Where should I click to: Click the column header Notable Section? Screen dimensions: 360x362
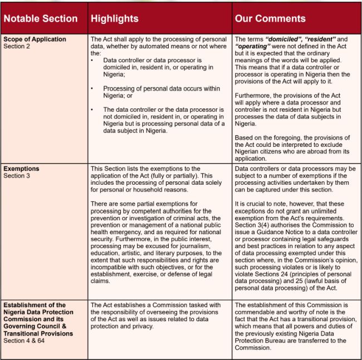(x=41, y=18)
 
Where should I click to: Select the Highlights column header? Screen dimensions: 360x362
(x=115, y=18)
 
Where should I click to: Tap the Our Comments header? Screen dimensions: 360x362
(x=270, y=18)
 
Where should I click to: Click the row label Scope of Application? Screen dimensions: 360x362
(x=35, y=40)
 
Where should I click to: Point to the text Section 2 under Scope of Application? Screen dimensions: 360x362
(x=16, y=46)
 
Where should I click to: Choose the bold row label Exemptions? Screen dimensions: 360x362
(x=22, y=169)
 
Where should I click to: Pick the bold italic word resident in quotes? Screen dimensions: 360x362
(x=318, y=40)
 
